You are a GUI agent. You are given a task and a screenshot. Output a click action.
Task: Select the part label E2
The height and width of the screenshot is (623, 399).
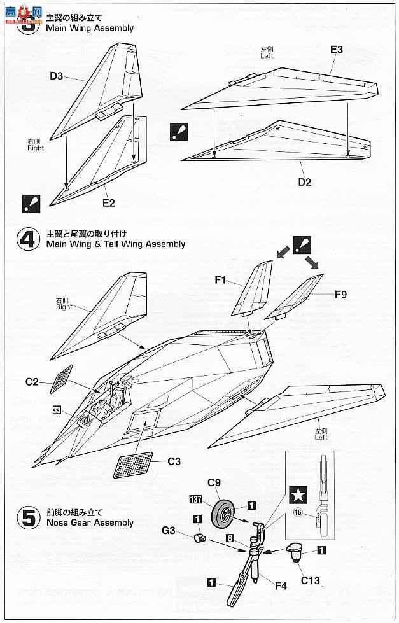(108, 203)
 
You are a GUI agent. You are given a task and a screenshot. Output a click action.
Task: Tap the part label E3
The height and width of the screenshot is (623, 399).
(336, 50)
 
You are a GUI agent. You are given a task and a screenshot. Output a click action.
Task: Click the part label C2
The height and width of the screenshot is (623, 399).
(32, 382)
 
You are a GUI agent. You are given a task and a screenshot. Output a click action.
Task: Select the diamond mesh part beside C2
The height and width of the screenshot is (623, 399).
(60, 379)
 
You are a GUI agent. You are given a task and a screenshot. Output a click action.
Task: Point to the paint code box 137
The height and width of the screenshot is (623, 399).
(197, 499)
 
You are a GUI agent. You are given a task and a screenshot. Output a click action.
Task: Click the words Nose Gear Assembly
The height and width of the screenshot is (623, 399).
(90, 523)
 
